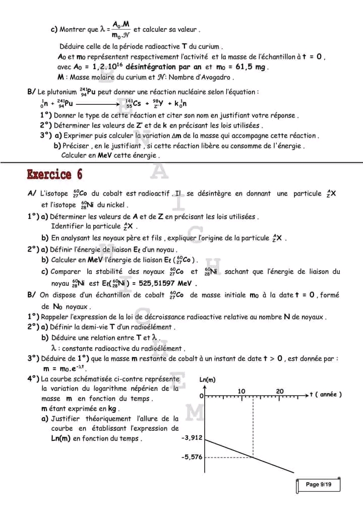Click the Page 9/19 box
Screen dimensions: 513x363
(319, 485)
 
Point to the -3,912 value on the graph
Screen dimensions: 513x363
(192, 438)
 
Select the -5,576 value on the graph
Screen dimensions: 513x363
(192, 457)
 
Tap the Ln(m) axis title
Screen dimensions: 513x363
(208, 379)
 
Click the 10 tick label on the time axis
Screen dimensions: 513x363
(241, 391)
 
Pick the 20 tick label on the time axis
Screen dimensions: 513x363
(280, 391)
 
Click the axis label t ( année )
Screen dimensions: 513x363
(326, 395)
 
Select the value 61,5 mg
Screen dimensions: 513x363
(251, 67)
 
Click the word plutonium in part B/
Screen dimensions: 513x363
(63, 92)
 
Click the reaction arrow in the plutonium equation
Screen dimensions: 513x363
(96, 104)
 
